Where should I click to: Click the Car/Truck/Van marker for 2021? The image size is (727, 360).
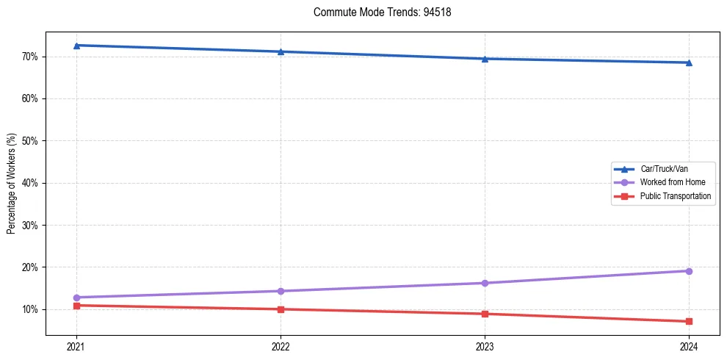pos(76,46)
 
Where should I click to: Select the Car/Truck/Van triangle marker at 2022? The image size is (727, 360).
pos(281,51)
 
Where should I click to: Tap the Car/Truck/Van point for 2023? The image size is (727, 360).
pos(485,59)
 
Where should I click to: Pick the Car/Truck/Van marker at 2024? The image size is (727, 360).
pos(689,62)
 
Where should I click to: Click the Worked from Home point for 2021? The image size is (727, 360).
pos(76,298)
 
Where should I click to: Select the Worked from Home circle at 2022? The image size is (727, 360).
pos(281,291)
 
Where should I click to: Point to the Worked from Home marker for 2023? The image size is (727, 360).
pos(485,283)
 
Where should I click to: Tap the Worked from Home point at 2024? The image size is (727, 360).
pos(689,271)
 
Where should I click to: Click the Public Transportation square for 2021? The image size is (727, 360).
pos(76,306)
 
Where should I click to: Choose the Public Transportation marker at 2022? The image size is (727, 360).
pos(281,309)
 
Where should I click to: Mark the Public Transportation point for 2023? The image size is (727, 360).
pos(485,314)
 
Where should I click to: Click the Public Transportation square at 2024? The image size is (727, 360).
pos(689,321)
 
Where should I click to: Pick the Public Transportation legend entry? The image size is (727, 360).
pos(675,196)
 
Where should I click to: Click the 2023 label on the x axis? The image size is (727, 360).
pos(485,346)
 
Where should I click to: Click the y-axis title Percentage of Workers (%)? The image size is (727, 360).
pos(12,184)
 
